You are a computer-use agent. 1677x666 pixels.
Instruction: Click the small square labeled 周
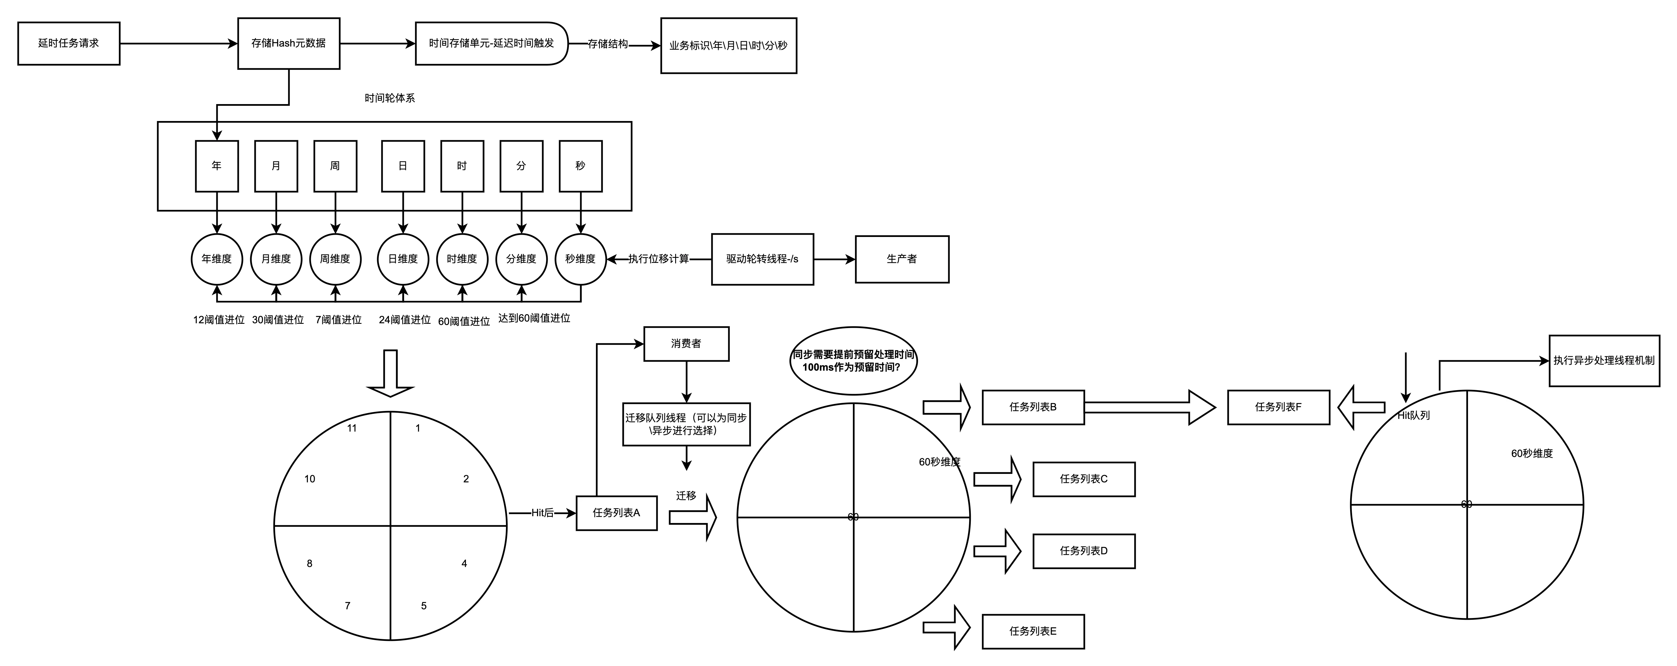click(335, 166)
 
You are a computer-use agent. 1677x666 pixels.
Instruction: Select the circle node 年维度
click(217, 259)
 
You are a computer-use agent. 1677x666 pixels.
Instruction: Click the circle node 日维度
click(403, 259)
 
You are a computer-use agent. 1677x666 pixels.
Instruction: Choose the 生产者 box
click(902, 259)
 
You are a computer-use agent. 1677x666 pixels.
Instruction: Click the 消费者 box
click(686, 344)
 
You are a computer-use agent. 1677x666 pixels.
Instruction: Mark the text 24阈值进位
click(405, 320)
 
